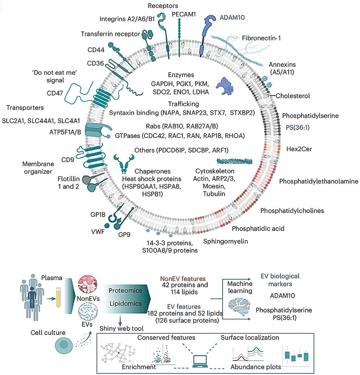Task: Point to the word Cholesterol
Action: click(293, 96)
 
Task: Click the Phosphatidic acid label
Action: click(258, 228)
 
